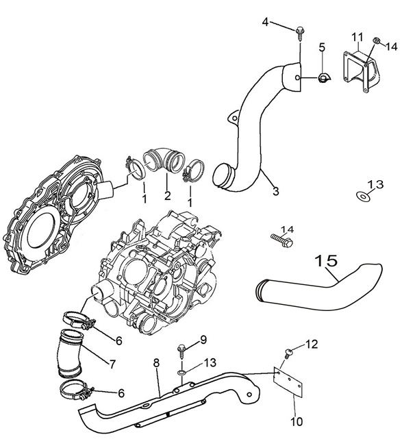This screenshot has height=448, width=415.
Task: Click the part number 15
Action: [x=327, y=261]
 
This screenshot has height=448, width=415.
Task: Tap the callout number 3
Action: [x=275, y=192]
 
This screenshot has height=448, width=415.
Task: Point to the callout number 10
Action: [x=296, y=422]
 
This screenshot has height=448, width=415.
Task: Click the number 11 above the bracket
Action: [x=357, y=36]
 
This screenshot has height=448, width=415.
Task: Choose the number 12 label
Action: [x=311, y=345]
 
